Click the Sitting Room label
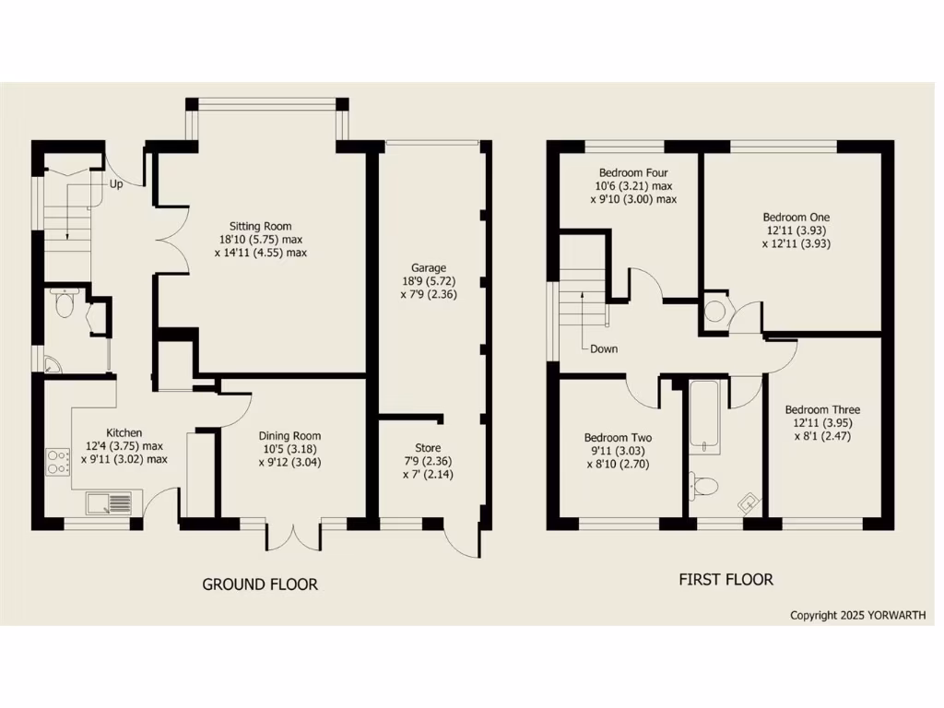pos(261,225)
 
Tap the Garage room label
pos(428,267)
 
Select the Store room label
pos(428,448)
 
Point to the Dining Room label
pos(289,436)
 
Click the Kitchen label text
pos(124,432)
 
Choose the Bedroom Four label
pos(633,172)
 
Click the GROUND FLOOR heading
pos(260,584)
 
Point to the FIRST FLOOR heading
pos(726,580)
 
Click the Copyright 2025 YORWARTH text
pos(857,615)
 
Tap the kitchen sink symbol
pos(109,502)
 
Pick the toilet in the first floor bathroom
pos(704,485)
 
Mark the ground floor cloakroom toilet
pos(65,304)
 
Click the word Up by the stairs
pos(116,184)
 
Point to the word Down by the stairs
pos(604,349)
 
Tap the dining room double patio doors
pos(294,537)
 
